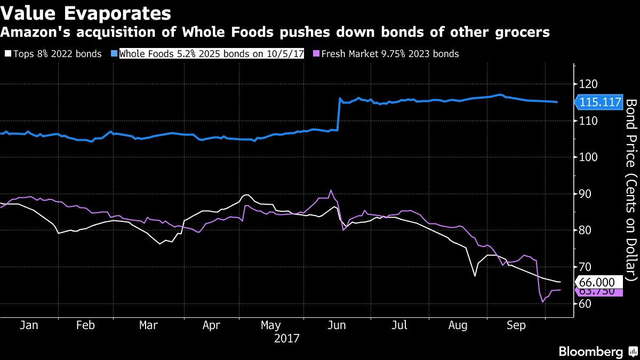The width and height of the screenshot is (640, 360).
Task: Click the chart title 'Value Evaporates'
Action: pos(86,13)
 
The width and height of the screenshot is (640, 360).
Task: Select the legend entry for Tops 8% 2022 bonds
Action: pos(53,54)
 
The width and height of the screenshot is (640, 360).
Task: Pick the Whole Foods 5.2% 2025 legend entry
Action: pos(208,54)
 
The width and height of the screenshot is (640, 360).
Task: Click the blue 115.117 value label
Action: pos(599,102)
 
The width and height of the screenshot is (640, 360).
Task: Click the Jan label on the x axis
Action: pos(29,325)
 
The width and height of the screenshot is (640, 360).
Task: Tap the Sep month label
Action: pos(516,325)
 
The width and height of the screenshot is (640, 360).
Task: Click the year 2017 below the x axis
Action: pos(286,338)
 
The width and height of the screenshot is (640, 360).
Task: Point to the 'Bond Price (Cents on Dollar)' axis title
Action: pos(631,189)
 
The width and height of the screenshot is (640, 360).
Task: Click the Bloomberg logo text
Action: pos(590,351)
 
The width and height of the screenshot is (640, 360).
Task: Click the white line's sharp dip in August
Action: pos(474,276)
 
